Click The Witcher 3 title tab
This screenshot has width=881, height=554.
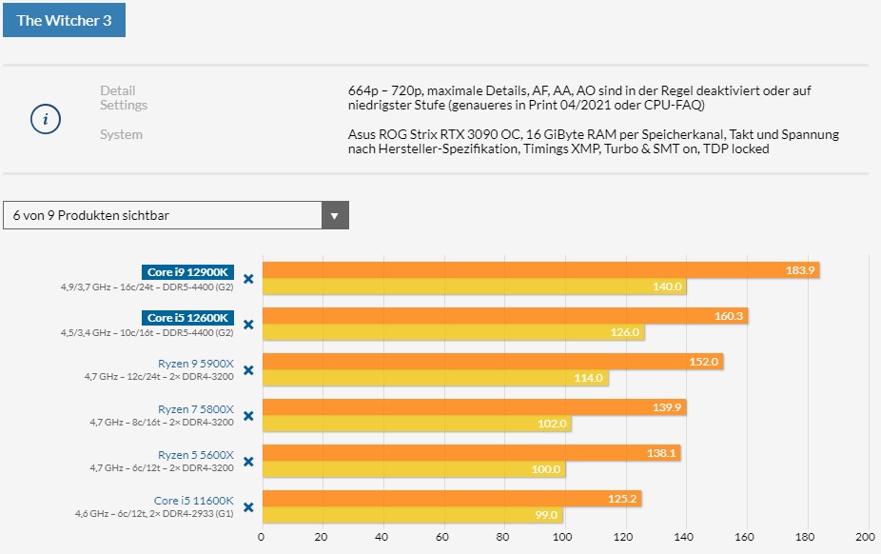tap(64, 20)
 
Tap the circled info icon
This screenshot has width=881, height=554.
tap(46, 119)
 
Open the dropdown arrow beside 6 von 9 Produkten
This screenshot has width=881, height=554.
tap(334, 215)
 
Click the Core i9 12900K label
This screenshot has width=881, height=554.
tap(188, 272)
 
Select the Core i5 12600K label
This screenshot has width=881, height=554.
tap(188, 317)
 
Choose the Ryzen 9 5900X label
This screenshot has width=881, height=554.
tap(195, 363)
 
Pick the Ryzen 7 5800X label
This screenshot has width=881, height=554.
tap(195, 408)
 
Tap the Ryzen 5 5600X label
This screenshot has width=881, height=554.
tap(195, 454)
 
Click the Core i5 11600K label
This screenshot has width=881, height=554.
tap(193, 500)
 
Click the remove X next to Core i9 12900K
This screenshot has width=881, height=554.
tap(248, 279)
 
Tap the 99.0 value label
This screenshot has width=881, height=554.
tap(546, 515)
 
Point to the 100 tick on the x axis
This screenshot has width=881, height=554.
tap(563, 535)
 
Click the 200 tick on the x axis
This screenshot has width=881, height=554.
tap(864, 535)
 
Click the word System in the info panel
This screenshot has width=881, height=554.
tap(121, 134)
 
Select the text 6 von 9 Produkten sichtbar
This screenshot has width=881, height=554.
tap(91, 215)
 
